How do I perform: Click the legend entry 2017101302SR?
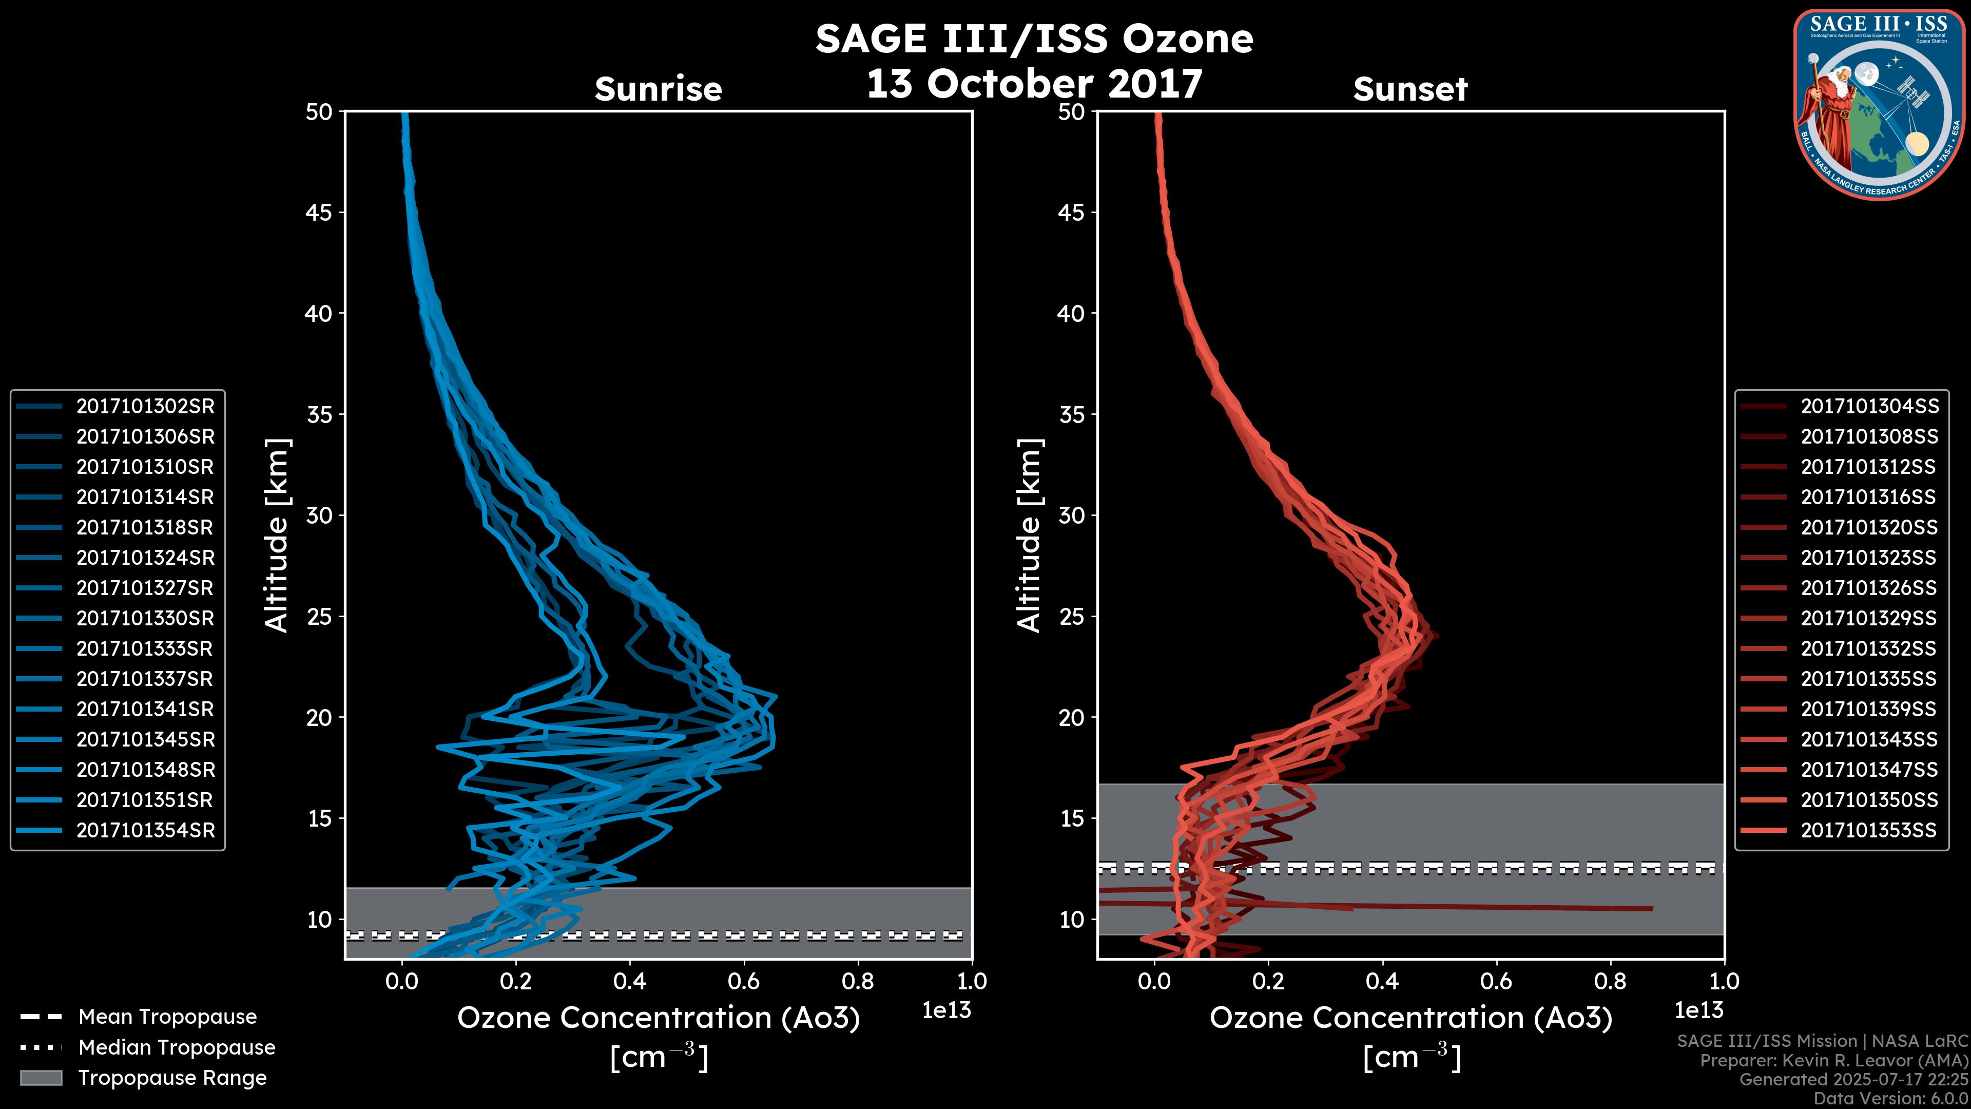145,407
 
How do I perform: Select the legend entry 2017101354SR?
145,830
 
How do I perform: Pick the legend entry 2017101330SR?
145,618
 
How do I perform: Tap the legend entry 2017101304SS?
1868,407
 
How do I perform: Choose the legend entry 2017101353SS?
1868,830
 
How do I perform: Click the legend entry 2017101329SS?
1868,618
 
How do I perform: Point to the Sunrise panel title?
658,89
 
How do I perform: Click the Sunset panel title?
1410,89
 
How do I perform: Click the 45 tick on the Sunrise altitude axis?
319,213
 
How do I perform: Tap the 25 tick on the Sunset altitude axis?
1071,617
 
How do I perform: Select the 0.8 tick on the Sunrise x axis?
858,981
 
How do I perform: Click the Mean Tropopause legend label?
167,1017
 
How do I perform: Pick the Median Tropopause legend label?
177,1048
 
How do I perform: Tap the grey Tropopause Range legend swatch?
41,1078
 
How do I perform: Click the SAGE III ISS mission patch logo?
1879,104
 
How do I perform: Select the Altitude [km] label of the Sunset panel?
1030,535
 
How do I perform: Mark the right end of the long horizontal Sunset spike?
1651,908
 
